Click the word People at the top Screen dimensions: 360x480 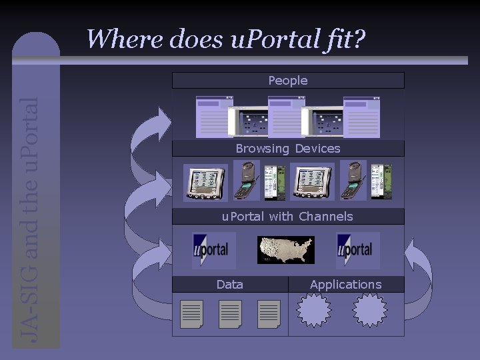[288, 81]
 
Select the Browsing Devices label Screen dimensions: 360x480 [288, 149]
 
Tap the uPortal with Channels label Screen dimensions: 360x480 [287, 217]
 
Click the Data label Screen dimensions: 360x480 [230, 285]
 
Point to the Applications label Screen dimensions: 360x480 [346, 285]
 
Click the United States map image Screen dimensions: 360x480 [286, 250]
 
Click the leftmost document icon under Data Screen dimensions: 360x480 [192, 313]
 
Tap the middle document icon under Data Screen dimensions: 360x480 [230, 313]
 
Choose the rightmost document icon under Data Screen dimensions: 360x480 [269, 313]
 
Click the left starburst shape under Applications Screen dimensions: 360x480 [313, 310]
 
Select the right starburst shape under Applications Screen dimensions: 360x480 [369, 310]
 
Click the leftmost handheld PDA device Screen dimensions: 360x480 [206, 182]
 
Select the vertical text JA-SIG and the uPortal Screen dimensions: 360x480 [31, 220]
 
